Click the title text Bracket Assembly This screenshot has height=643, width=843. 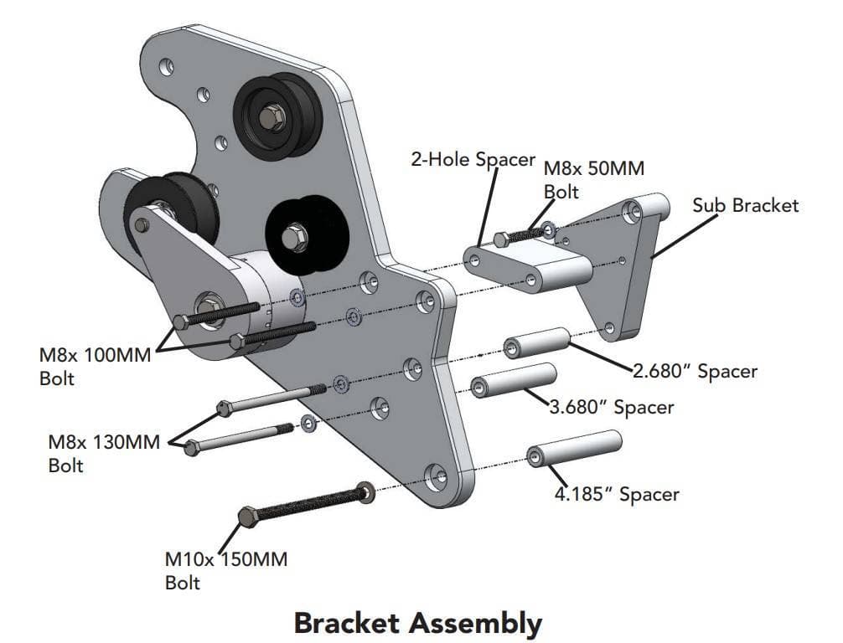pos(417,623)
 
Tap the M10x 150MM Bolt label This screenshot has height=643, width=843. pos(225,570)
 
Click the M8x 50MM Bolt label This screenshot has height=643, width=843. pos(594,179)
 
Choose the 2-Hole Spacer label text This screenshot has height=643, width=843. pos(473,159)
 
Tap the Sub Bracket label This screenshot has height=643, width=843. pos(746,205)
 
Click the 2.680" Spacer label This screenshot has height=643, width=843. pos(695,371)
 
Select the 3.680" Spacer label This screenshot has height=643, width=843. pos(611,408)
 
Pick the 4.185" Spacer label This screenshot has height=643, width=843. pos(616,494)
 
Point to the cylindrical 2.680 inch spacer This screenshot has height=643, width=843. pos(536,341)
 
